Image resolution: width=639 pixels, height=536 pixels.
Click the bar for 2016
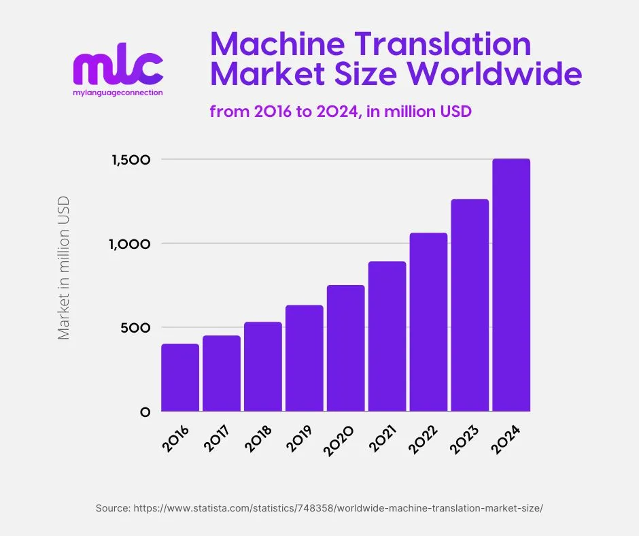[180, 378]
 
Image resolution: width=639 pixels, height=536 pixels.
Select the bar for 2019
[304, 358]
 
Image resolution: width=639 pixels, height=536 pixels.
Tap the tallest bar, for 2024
[511, 286]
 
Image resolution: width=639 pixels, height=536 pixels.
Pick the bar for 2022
[428, 322]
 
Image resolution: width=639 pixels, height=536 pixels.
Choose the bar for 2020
[345, 348]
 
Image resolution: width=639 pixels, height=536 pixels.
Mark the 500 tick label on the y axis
[136, 328]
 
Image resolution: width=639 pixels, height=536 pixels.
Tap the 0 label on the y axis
[145, 412]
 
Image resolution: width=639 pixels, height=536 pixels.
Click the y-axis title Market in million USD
[64, 268]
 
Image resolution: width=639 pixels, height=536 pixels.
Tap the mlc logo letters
[118, 68]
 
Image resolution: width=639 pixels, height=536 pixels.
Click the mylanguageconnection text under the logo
[118, 93]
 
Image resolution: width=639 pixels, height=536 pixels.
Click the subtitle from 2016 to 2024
[340, 112]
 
